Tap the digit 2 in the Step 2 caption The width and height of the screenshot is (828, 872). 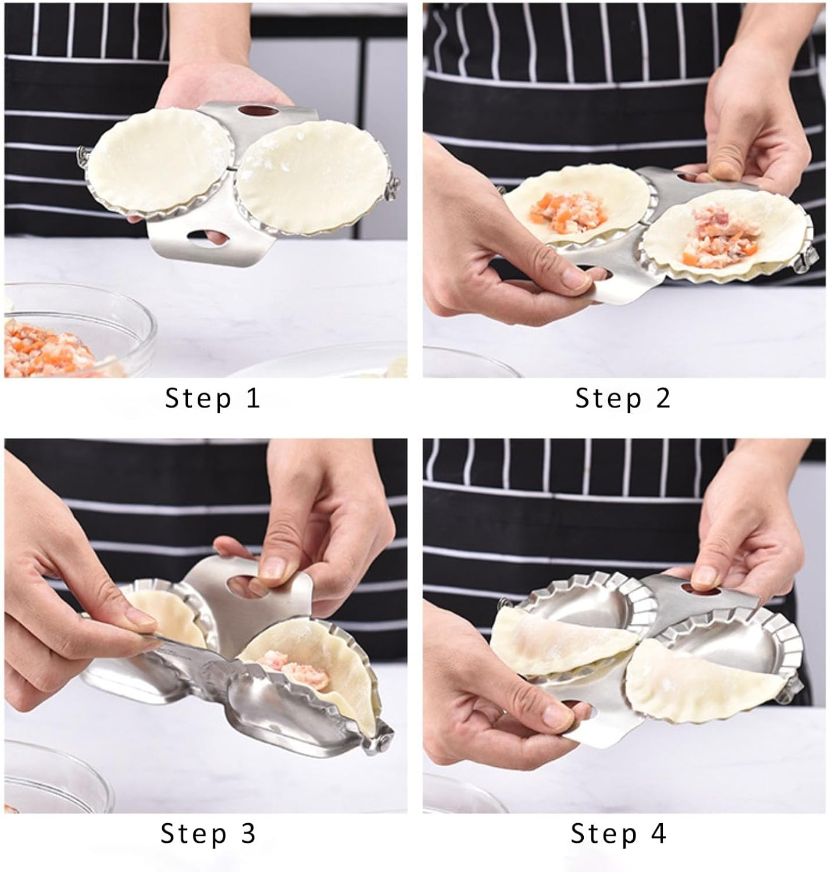[x=662, y=399]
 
